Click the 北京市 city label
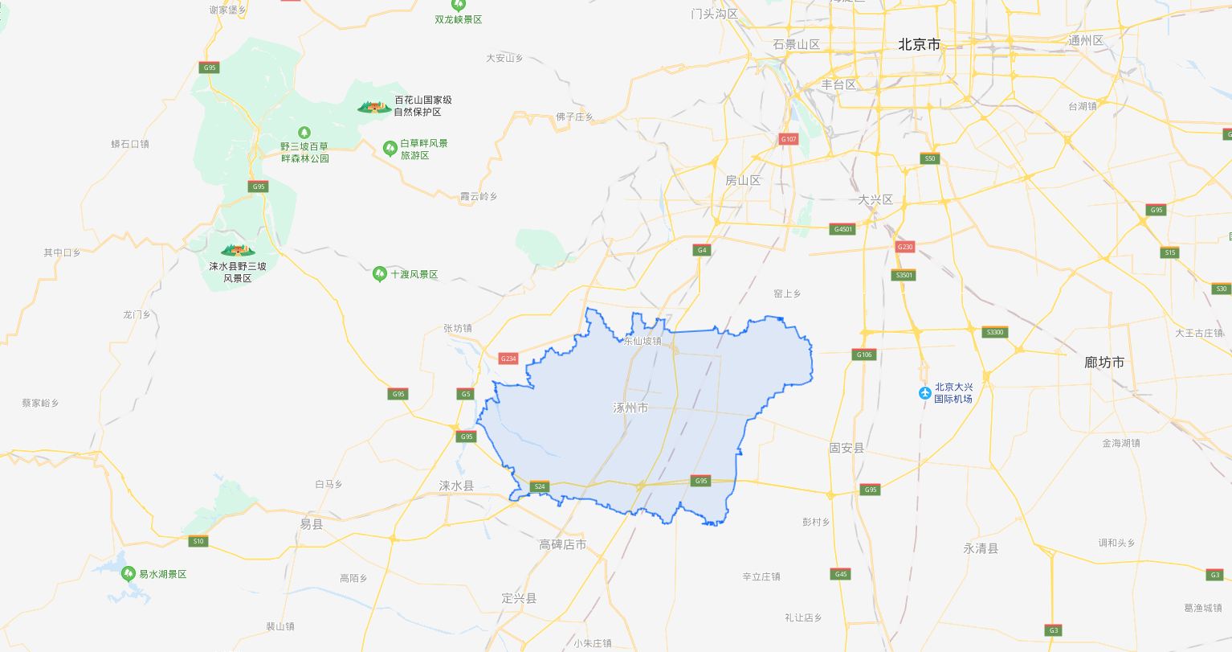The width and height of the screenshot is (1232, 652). pos(919,45)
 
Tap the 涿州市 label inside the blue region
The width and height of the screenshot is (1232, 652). pos(630,408)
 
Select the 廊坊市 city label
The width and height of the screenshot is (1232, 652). pos(1104,363)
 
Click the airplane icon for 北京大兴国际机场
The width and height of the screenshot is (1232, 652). pos(924,393)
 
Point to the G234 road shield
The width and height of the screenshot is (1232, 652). pos(508,359)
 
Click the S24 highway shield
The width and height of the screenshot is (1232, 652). pos(540,486)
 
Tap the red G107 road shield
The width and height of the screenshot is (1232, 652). pos(789,139)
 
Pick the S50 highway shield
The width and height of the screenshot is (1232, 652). pos(930,158)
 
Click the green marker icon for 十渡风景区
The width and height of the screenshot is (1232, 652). pos(380,274)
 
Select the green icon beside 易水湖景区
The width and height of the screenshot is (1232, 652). pos(128,574)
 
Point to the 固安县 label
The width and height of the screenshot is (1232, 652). pos(846,448)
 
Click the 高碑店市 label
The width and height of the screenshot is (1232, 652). pos(562,545)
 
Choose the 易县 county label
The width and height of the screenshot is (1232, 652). pos(311,524)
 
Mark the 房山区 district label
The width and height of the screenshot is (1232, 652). pos(743,181)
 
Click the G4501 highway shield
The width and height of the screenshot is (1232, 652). pos(843,229)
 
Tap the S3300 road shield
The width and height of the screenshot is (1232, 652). pos(994,332)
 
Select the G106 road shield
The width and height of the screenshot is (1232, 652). pos(864,355)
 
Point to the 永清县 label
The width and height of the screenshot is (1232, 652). pos(981,548)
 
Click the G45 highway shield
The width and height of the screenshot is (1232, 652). pos(841,574)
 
